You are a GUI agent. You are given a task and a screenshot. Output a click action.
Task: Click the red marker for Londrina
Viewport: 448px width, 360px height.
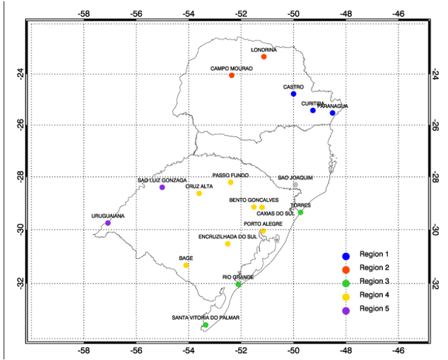(x=264, y=57)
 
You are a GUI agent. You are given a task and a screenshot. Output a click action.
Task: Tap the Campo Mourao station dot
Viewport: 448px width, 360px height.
(x=232, y=76)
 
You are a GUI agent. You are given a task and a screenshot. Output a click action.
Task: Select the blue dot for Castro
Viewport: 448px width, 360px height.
(x=293, y=94)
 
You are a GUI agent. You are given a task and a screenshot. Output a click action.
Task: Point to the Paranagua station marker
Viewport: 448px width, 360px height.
(x=332, y=113)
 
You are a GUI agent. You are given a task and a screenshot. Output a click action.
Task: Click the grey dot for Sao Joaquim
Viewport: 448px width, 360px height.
(x=295, y=185)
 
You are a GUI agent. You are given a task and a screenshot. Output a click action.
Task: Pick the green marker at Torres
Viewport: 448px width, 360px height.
(x=301, y=212)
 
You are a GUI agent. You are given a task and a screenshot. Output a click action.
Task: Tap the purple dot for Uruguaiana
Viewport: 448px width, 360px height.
(x=108, y=223)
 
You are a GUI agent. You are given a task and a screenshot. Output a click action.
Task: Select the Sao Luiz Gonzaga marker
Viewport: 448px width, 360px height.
(x=163, y=187)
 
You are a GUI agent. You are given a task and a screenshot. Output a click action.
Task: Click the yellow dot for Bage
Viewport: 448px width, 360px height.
(x=186, y=265)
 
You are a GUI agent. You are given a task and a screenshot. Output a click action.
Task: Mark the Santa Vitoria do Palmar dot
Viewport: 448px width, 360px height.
(x=206, y=325)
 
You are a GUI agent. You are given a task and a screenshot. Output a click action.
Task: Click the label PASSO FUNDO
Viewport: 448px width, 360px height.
(x=231, y=175)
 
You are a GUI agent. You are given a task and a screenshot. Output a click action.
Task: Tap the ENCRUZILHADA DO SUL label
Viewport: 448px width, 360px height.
(x=228, y=236)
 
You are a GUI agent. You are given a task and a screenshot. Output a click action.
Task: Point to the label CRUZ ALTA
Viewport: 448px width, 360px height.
(x=199, y=186)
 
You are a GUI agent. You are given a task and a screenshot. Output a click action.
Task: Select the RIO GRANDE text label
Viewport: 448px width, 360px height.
(x=238, y=277)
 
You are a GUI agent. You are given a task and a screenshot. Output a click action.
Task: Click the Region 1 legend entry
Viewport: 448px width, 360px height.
(x=374, y=255)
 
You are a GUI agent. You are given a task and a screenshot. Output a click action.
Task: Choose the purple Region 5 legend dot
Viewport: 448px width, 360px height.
(x=346, y=310)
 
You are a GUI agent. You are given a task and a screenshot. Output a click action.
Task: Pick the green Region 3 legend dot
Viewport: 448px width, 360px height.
(x=346, y=282)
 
